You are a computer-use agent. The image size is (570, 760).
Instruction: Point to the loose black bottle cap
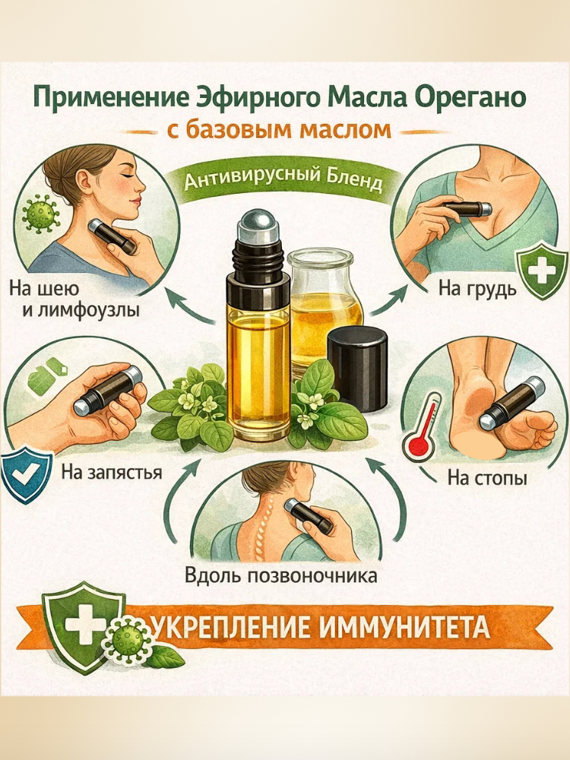tap(358, 369)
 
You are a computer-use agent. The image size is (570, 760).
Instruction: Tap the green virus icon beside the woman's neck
tap(40, 212)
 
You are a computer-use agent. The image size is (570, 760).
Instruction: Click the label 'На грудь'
tap(477, 290)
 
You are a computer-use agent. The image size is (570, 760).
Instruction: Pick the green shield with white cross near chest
tap(541, 271)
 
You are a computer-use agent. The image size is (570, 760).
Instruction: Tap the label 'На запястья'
tap(112, 472)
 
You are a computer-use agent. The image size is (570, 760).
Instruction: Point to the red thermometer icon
tap(422, 427)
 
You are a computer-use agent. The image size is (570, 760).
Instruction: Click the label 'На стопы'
tap(487, 478)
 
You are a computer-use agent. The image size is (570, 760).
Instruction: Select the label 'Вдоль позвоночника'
tap(280, 576)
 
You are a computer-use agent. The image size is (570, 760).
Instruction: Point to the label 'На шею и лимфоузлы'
tap(73, 299)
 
